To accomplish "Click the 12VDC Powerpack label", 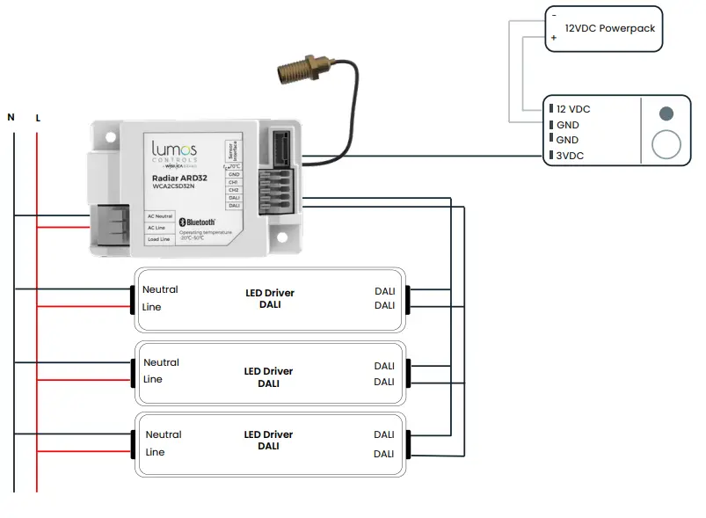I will click(x=609, y=28).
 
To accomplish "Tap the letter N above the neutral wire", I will click(x=11, y=117).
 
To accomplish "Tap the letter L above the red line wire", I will click(x=38, y=117).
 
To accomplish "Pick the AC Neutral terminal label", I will click(x=160, y=216).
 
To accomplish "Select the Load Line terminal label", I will click(x=159, y=239).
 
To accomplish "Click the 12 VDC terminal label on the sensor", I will click(x=573, y=109).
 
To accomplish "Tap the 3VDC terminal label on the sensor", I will click(x=571, y=156).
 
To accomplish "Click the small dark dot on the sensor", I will click(x=666, y=113).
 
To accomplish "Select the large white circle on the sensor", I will click(x=666, y=144).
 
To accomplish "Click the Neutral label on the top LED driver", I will click(x=160, y=289).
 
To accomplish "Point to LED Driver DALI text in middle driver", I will click(x=268, y=377).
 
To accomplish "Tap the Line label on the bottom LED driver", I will click(x=155, y=452).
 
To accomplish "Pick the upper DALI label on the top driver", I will click(x=384, y=290).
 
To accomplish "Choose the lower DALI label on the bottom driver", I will click(x=383, y=454).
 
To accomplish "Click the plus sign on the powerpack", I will click(x=554, y=39).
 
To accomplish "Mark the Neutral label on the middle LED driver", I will click(x=161, y=362).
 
